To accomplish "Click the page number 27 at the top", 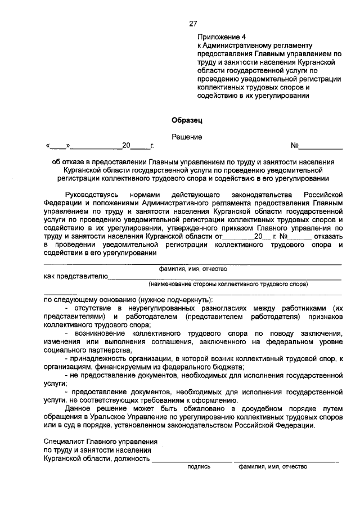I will pyautogui.click(x=193, y=23).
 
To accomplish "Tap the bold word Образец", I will pyautogui.click(x=186, y=119).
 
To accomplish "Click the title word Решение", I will pyautogui.click(x=187, y=137).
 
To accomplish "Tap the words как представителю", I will pyautogui.click(x=75, y=276).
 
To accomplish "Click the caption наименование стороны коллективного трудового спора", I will pyautogui.click(x=228, y=284).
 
